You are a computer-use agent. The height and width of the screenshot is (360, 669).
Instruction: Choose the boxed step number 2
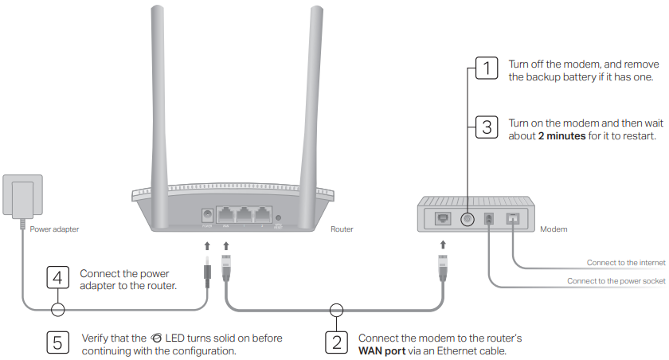pyautogui.click(x=336, y=343)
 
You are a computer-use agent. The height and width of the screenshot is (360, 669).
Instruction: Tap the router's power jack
pyautogui.click(x=209, y=216)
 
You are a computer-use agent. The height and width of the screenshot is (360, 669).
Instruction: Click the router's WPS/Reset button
pyautogui.click(x=277, y=217)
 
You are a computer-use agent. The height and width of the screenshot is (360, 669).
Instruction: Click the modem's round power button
pyautogui.click(x=467, y=218)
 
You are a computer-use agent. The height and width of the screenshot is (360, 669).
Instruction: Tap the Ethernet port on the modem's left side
pyautogui.click(x=440, y=217)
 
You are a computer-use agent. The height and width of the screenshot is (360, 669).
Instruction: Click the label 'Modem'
pyautogui.click(x=554, y=229)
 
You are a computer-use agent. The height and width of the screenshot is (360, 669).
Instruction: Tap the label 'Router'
pyautogui.click(x=342, y=229)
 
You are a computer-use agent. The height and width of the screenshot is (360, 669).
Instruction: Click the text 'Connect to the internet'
pyautogui.click(x=626, y=262)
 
